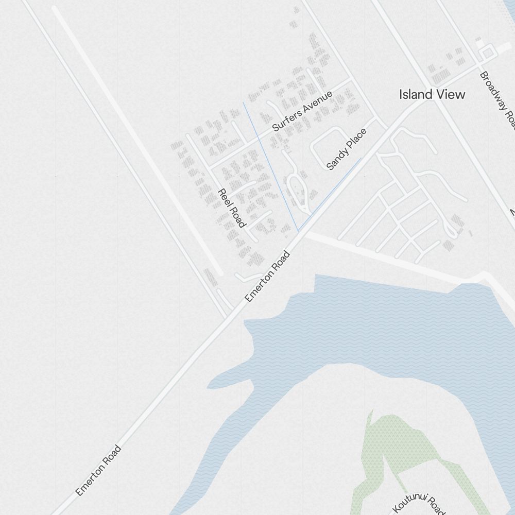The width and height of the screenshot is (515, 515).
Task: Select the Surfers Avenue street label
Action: (302, 111)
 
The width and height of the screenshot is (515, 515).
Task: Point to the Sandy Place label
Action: (347, 149)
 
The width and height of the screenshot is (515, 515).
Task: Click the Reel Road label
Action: (231, 208)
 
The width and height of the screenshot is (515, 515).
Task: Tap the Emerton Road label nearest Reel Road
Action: (268, 277)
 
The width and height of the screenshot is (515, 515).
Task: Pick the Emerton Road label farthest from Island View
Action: (98, 470)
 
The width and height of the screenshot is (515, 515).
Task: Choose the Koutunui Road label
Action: (418, 503)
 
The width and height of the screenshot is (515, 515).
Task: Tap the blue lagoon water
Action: (360, 330)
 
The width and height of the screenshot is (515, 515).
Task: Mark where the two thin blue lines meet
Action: (298, 230)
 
